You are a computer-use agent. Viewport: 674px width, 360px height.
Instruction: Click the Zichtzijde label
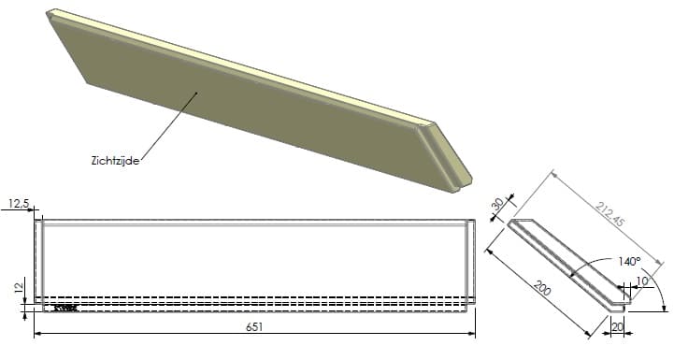click(115, 161)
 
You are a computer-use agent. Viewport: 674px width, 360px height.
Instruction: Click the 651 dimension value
click(254, 327)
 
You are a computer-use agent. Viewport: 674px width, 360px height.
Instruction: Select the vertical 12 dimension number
click(18, 287)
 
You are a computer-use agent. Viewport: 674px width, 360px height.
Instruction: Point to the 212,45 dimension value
click(609, 214)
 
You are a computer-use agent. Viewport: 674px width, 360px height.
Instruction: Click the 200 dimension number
click(542, 288)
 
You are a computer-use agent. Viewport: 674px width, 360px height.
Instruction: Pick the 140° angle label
click(629, 262)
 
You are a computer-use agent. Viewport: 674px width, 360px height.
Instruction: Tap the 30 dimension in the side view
click(497, 204)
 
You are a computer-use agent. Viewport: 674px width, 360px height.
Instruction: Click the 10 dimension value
click(642, 281)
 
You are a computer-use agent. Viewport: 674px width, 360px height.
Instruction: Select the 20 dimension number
click(617, 327)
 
